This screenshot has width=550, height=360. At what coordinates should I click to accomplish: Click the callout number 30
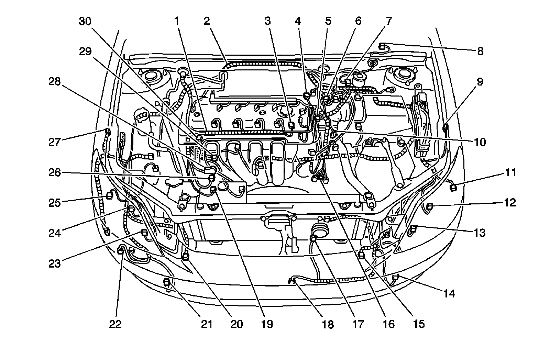[85, 22]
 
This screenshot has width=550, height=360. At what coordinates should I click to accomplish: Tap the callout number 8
[480, 51]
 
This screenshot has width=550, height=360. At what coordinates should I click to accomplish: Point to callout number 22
[115, 324]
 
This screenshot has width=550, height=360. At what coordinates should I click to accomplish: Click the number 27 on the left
[54, 142]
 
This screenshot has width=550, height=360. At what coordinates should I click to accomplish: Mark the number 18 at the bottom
[328, 324]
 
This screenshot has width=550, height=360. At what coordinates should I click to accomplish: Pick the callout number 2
[207, 22]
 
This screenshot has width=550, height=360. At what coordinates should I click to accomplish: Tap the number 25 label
[54, 203]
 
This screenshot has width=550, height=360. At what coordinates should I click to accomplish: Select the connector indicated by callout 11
[453, 187]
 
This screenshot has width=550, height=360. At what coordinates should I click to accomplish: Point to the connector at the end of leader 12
[429, 206]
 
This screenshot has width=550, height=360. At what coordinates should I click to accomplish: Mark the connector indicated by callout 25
[110, 195]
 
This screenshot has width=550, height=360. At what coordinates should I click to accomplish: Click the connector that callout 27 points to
[108, 131]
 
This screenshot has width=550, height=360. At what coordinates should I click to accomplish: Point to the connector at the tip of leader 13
[414, 228]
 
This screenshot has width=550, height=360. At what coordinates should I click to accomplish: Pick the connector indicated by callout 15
[361, 255]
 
